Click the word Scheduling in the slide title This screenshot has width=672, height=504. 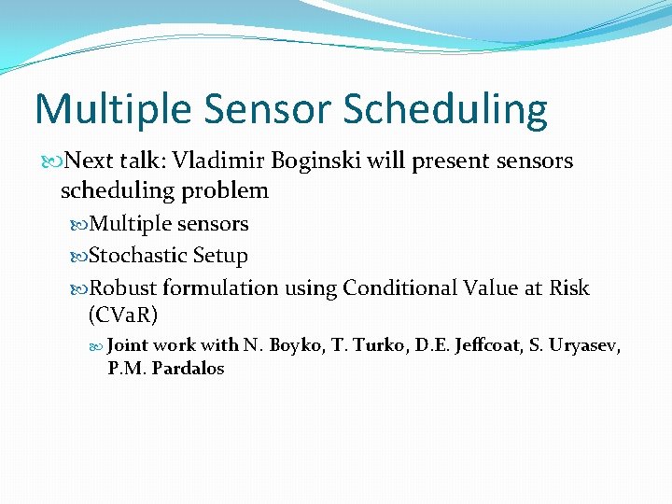(x=446, y=110)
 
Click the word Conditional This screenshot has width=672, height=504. (x=399, y=288)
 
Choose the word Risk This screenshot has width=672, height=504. (x=570, y=288)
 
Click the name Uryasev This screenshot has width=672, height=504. (x=586, y=345)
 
